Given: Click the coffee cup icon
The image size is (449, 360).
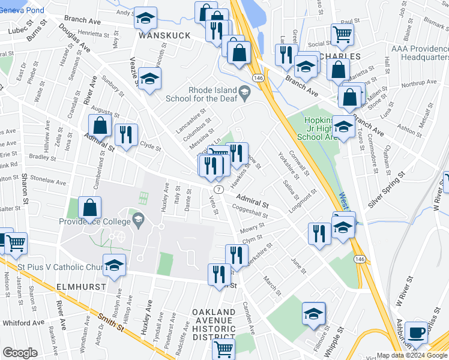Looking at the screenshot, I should pos(415,332).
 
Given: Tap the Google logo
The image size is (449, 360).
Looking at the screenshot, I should pos(20,353).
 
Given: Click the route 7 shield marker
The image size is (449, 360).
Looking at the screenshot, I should pos(219,189).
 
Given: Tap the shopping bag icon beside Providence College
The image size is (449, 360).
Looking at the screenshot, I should pos(89,208).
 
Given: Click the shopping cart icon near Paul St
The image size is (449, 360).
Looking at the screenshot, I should pos(342,35).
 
